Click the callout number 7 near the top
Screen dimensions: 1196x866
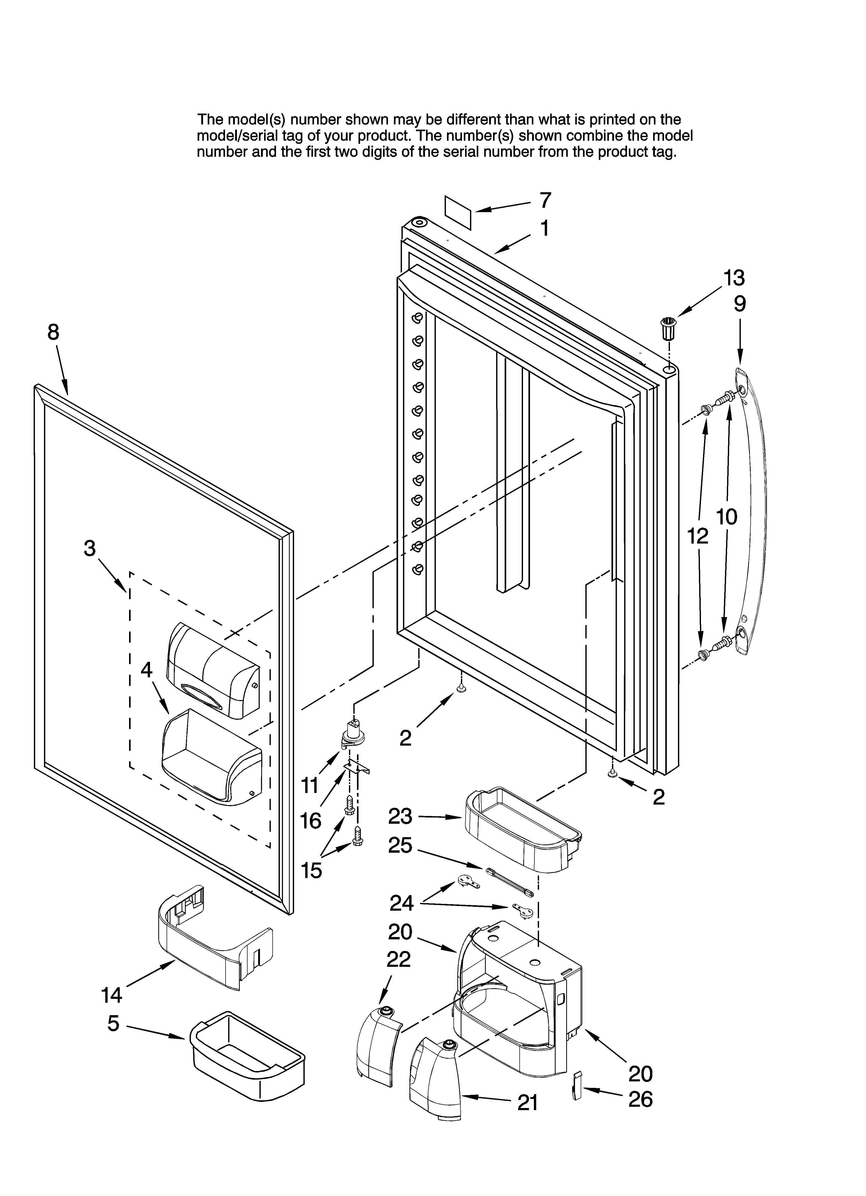[x=545, y=200]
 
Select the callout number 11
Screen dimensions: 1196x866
[x=310, y=786]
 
